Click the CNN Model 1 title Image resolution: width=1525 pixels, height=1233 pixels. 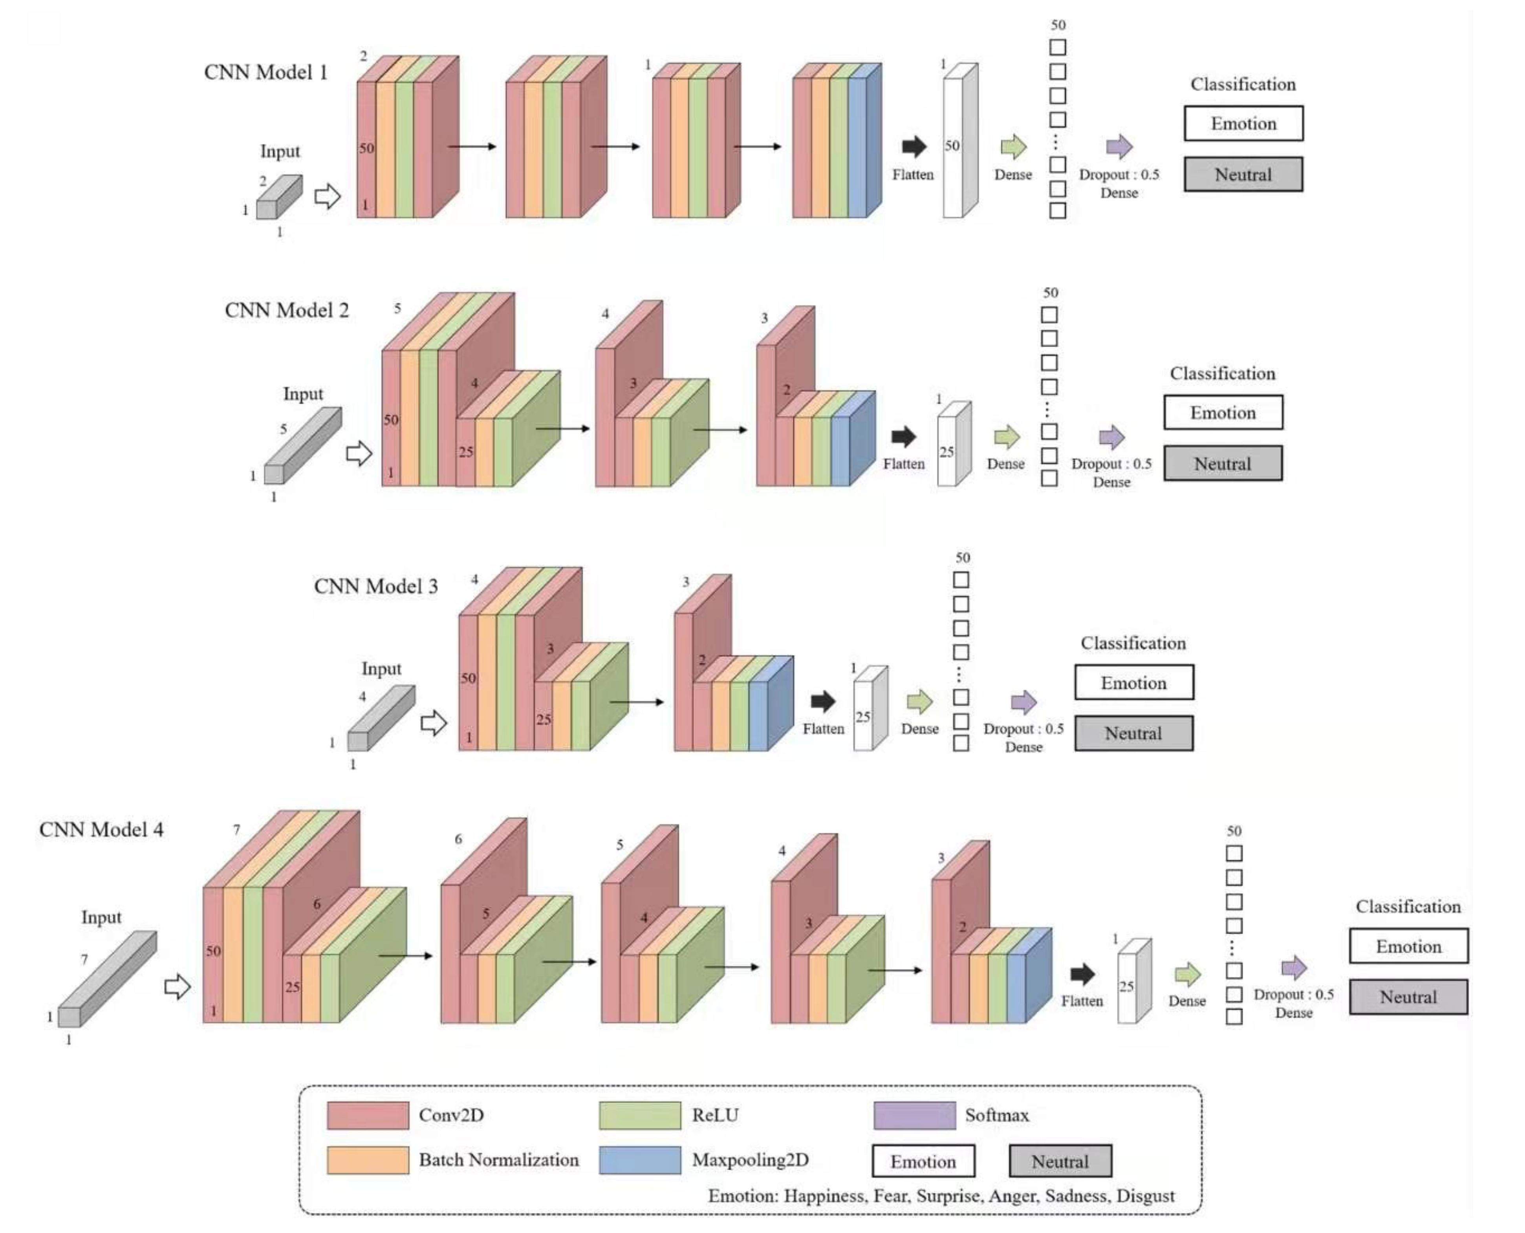[x=265, y=72]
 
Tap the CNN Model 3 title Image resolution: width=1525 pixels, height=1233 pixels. [x=376, y=587]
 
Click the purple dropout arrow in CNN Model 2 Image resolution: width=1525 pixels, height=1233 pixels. [x=1111, y=437]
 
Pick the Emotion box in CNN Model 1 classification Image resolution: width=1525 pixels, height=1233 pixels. [x=1243, y=124]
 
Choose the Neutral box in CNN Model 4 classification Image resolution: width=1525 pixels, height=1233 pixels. [x=1408, y=997]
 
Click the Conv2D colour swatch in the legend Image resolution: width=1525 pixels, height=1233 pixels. [x=368, y=1115]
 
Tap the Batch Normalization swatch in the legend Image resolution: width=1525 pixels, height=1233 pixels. [x=368, y=1160]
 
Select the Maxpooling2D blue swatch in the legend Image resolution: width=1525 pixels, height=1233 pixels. [x=639, y=1160]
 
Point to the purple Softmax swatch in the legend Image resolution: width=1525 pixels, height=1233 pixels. [x=914, y=1115]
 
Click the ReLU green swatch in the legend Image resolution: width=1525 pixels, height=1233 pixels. [x=639, y=1115]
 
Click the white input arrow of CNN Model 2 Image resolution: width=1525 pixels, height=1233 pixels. [x=359, y=453]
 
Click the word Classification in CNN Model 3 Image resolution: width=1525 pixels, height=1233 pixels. [x=1133, y=644]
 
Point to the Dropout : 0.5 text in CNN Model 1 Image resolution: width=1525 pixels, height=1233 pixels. [x=1119, y=175]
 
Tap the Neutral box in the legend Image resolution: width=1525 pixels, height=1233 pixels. [x=1060, y=1162]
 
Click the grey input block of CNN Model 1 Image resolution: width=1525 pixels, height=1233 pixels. [x=279, y=198]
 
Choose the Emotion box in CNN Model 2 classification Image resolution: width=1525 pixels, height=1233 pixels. [x=1223, y=413]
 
